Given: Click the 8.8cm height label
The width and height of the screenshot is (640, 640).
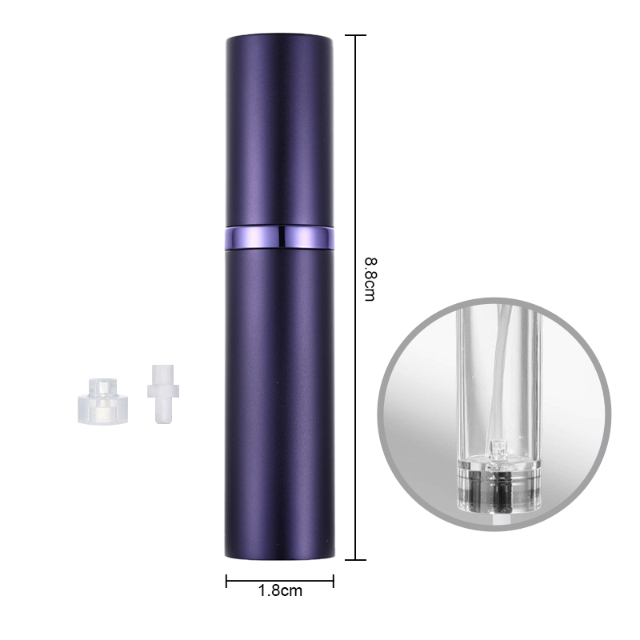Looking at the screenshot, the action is (x=370, y=279).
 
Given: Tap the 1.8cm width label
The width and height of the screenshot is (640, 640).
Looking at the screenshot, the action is (x=280, y=590).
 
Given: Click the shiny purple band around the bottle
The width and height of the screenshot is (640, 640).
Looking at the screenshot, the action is (x=279, y=238).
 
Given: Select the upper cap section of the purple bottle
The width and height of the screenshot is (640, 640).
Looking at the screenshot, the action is (x=279, y=130).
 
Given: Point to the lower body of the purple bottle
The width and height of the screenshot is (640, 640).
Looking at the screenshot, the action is (x=279, y=404).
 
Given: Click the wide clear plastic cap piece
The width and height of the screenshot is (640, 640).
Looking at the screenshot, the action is (x=103, y=401).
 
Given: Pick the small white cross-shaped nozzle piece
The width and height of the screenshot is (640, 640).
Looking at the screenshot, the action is (x=163, y=394).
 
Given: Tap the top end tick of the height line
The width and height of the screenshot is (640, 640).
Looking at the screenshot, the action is (x=355, y=35).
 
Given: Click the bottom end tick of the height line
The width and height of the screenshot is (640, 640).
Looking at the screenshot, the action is (x=355, y=559).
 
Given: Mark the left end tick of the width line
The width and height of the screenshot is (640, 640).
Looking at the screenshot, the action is (x=226, y=581).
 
